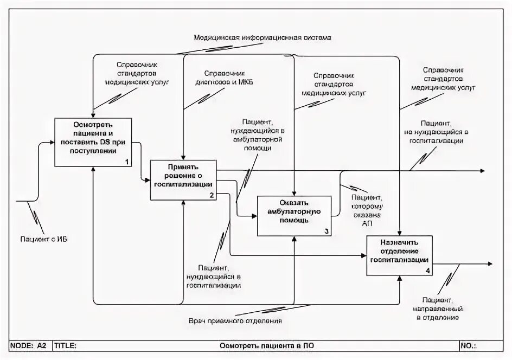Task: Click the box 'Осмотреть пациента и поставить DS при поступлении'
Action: (93, 142)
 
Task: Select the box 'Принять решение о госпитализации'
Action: (183, 179)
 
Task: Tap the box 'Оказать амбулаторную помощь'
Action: (293, 215)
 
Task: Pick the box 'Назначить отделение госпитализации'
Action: (400, 255)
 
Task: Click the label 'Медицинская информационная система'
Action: (262, 38)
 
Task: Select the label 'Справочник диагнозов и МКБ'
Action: (224, 78)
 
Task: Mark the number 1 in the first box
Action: (126, 162)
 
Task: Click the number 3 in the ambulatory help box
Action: (326, 231)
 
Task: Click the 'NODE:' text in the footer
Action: (22, 345)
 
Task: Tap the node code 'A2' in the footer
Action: (42, 345)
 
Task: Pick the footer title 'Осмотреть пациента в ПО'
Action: (266, 345)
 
